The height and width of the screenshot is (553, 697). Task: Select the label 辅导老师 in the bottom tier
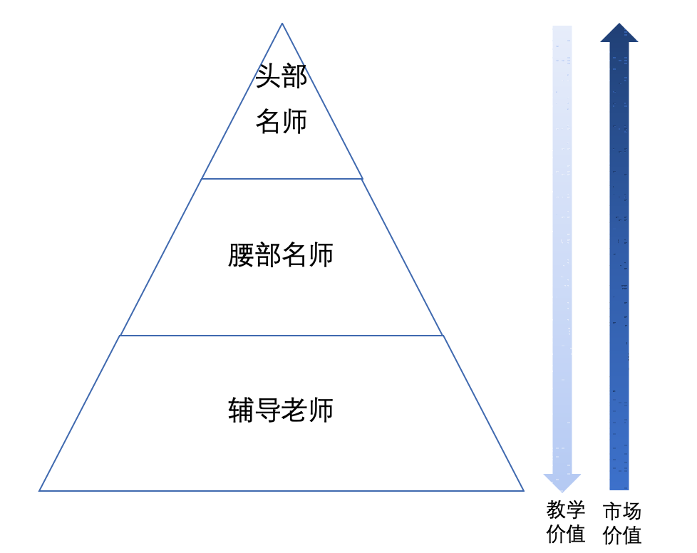(x=281, y=411)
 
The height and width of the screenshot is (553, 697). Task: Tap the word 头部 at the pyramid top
(x=282, y=76)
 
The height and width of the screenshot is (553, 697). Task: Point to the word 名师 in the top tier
(x=282, y=122)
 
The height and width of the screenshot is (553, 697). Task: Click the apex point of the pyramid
(x=282, y=24)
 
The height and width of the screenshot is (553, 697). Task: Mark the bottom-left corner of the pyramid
(x=40, y=490)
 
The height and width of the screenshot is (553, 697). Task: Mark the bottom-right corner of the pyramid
(x=523, y=490)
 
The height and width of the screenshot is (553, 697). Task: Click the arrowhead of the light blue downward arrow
(x=562, y=482)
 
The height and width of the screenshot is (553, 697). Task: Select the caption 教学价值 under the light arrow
(x=566, y=522)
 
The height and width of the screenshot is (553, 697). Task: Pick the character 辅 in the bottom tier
(x=241, y=411)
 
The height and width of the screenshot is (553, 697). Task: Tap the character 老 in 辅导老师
(x=294, y=411)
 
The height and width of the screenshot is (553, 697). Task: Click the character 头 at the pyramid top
(x=268, y=76)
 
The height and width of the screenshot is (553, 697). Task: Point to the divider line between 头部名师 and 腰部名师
(x=282, y=178)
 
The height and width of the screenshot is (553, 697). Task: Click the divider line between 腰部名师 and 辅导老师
(x=282, y=335)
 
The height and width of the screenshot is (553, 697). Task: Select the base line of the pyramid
(x=282, y=490)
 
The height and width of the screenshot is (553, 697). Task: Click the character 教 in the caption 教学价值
(x=557, y=511)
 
